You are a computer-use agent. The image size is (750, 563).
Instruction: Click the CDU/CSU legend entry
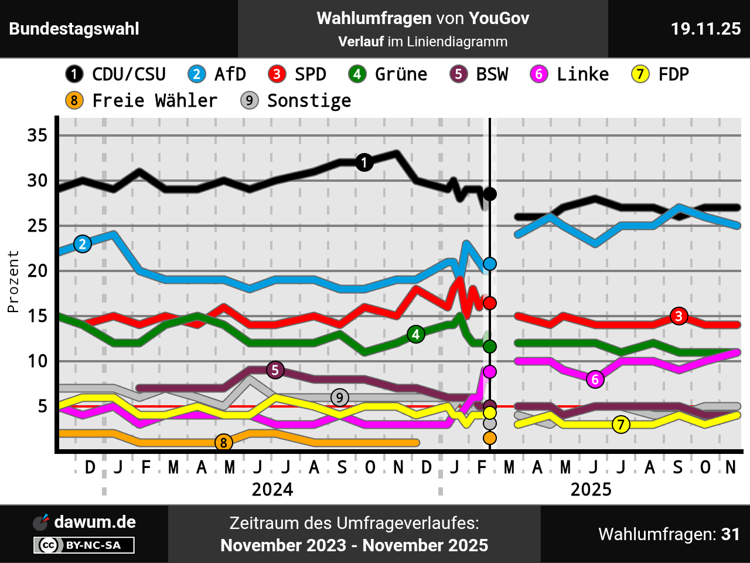pos(116,74)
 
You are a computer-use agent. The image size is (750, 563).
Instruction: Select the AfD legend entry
pos(217,74)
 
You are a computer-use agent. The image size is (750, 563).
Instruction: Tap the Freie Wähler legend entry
pos(141,101)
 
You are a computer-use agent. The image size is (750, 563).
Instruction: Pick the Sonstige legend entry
pos(296,101)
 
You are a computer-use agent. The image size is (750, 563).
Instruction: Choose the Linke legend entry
pos(570,74)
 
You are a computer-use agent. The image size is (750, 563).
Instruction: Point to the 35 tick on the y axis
pos(37,135)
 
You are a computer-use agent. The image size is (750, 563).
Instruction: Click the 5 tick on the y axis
pos(42,406)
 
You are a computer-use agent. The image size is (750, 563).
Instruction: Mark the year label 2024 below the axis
pos(272,489)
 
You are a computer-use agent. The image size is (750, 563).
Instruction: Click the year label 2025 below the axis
pos(591,489)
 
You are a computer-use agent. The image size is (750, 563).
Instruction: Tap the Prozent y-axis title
pos(13,281)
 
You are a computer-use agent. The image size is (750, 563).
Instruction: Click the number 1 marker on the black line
pos(364,162)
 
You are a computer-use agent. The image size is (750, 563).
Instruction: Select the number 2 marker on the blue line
pos(83,244)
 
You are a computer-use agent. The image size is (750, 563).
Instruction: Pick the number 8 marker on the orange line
pos(223,443)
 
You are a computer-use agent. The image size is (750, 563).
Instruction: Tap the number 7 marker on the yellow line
pos(621,425)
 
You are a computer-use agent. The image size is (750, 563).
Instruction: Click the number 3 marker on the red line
pos(679,316)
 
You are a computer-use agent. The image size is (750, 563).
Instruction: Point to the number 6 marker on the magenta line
pos(595,379)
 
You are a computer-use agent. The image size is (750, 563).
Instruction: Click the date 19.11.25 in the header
pos(705,29)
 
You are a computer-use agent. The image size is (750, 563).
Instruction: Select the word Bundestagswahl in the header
pos(74,29)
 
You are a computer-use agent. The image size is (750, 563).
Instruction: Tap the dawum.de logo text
pos(94,522)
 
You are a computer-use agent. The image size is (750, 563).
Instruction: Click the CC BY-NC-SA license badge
pos(84,545)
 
